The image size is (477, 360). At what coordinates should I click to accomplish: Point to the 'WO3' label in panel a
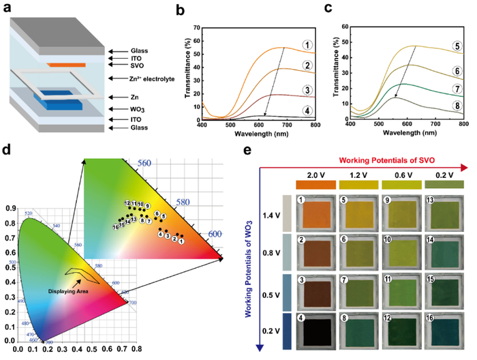(x=121, y=108)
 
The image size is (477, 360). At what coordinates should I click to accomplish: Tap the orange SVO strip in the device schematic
(x=66, y=65)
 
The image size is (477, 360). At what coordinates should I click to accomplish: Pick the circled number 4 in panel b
(x=307, y=112)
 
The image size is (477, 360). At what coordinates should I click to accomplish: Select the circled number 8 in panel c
(x=452, y=105)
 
